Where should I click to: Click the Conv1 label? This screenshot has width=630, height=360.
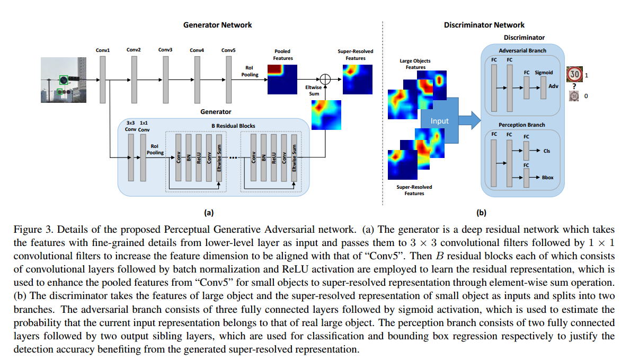pos(103,50)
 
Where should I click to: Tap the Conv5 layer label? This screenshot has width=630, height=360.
pos(229,50)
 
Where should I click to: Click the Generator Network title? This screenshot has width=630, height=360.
pos(217,25)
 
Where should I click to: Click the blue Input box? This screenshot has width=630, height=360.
pos(439,121)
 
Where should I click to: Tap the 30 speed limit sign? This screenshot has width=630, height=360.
pos(574,75)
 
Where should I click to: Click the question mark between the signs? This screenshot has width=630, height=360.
pos(574,87)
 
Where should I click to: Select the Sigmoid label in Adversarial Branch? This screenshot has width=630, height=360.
pos(544,73)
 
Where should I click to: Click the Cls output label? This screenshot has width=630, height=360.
pos(547,151)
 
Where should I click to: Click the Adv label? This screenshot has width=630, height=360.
pos(553,86)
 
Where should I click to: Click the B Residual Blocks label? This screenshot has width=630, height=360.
pos(233,126)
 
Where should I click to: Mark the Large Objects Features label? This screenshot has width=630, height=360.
pos(415,64)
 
